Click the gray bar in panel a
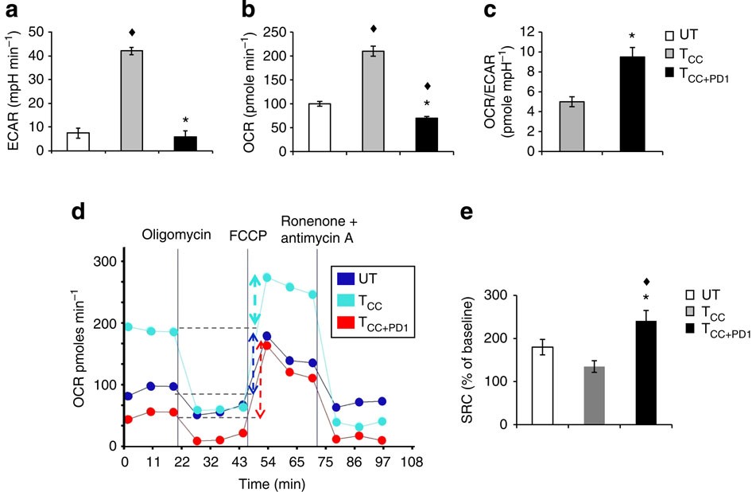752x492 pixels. [137, 100]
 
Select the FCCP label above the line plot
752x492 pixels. [248, 236]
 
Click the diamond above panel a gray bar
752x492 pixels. [137, 33]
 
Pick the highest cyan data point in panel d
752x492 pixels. [267, 278]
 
